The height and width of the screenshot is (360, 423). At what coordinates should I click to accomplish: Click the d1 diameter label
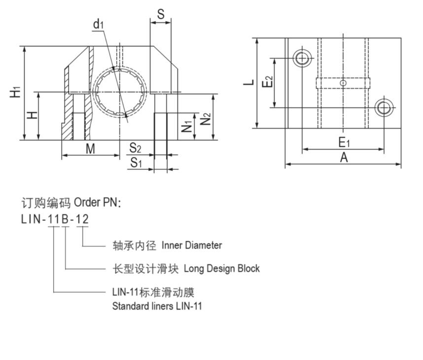[x=99, y=24]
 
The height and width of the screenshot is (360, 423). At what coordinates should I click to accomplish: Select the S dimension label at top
[x=161, y=14]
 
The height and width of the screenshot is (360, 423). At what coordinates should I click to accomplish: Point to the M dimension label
[x=90, y=148]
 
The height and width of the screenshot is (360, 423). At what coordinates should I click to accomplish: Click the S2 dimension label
[x=136, y=148]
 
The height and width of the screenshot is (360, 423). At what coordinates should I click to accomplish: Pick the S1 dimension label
[x=136, y=162]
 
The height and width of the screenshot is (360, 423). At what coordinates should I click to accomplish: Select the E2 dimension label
[x=267, y=82]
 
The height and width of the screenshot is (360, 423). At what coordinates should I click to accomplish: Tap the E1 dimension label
[x=344, y=142]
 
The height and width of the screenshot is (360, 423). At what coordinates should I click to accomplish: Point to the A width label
[x=344, y=157]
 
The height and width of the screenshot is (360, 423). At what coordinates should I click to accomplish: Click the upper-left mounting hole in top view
[x=302, y=59]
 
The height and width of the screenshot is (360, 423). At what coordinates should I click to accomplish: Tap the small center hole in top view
[x=343, y=83]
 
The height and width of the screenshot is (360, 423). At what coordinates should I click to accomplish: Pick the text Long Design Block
[x=221, y=268]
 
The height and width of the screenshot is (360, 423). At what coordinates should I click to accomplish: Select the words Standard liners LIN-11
[x=157, y=306]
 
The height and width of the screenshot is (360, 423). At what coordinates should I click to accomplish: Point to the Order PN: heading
[x=97, y=202]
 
